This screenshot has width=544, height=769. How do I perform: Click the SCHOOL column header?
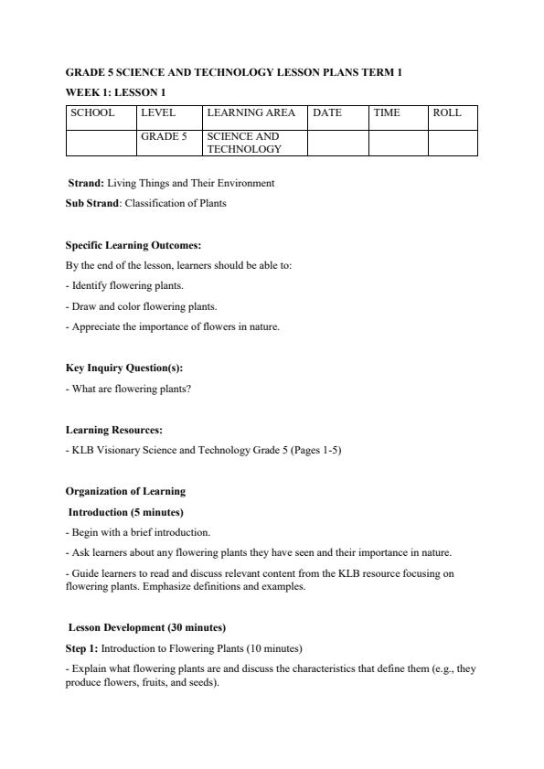click(93, 113)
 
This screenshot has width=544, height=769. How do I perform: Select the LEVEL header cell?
click(158, 113)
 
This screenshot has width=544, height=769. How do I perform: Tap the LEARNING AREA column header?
click(251, 113)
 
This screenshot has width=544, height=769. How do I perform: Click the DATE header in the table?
click(326, 113)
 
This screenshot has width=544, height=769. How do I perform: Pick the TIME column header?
click(387, 113)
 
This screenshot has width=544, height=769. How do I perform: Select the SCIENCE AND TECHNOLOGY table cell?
click(244, 143)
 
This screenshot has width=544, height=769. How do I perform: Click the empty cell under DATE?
click(337, 143)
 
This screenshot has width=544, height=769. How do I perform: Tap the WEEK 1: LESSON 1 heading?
click(115, 92)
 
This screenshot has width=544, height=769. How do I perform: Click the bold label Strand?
click(86, 183)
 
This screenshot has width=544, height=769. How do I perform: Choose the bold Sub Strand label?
click(92, 203)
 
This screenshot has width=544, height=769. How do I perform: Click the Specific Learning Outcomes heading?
click(133, 245)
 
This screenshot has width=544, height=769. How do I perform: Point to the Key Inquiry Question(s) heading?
click(124, 368)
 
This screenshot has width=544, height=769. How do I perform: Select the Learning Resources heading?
click(114, 430)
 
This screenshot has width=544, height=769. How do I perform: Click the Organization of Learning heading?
click(125, 491)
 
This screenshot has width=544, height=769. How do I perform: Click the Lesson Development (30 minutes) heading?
click(146, 627)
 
